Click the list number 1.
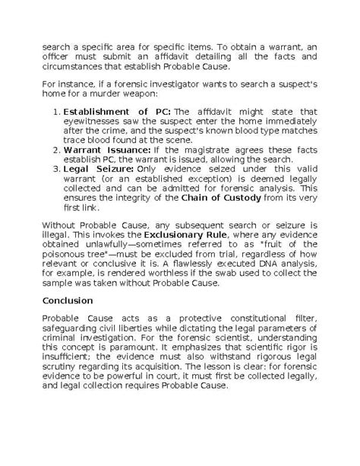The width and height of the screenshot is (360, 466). (58, 113)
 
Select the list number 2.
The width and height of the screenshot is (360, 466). (58, 150)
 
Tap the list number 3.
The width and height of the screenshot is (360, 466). (58, 168)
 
